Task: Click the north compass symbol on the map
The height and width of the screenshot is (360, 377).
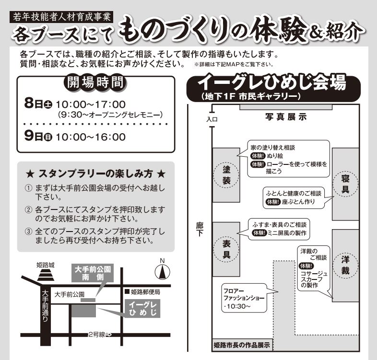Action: click(162, 272)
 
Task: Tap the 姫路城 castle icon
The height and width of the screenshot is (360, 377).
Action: click(46, 275)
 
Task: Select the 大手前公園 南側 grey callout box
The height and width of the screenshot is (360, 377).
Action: click(93, 273)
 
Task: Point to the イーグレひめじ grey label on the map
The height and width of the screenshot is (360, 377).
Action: click(142, 308)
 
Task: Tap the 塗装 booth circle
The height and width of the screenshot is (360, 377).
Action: click(226, 175)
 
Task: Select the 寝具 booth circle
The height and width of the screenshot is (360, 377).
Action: click(345, 184)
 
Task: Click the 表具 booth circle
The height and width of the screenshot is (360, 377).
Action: click(226, 249)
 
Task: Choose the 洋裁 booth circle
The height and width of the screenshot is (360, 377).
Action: click(345, 265)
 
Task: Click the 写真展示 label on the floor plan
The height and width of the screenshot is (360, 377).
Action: click(286, 117)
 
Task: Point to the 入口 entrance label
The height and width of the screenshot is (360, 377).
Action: click(212, 119)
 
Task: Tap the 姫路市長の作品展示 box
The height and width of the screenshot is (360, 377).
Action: click(242, 345)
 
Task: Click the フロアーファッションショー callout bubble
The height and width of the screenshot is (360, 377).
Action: click(244, 298)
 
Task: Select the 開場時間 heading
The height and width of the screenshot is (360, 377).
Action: click(95, 82)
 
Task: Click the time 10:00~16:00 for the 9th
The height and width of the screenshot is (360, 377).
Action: click(91, 137)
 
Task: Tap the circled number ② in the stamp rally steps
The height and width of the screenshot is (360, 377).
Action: click(28, 210)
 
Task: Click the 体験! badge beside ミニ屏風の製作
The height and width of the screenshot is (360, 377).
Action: click(259, 233)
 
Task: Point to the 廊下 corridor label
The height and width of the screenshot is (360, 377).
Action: click(200, 229)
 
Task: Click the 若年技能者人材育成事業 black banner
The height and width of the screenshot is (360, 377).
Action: click(61, 17)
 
